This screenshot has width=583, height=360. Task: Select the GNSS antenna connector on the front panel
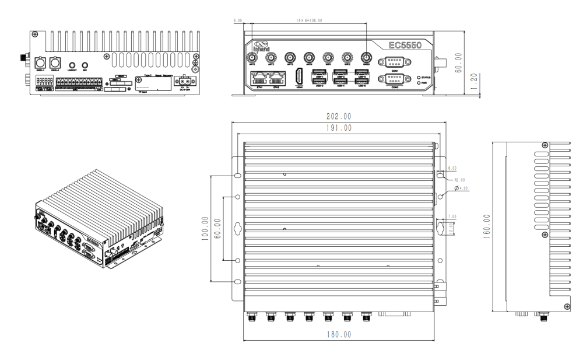tap(366, 58)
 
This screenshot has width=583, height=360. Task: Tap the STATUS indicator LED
tap(419, 76)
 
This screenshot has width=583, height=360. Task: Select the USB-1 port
tap(319, 73)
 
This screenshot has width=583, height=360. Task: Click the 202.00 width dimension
tap(338, 116)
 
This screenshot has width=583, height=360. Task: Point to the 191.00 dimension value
tap(338, 128)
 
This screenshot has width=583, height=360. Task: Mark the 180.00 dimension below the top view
tap(338, 335)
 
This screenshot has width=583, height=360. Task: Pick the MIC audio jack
tap(85, 67)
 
